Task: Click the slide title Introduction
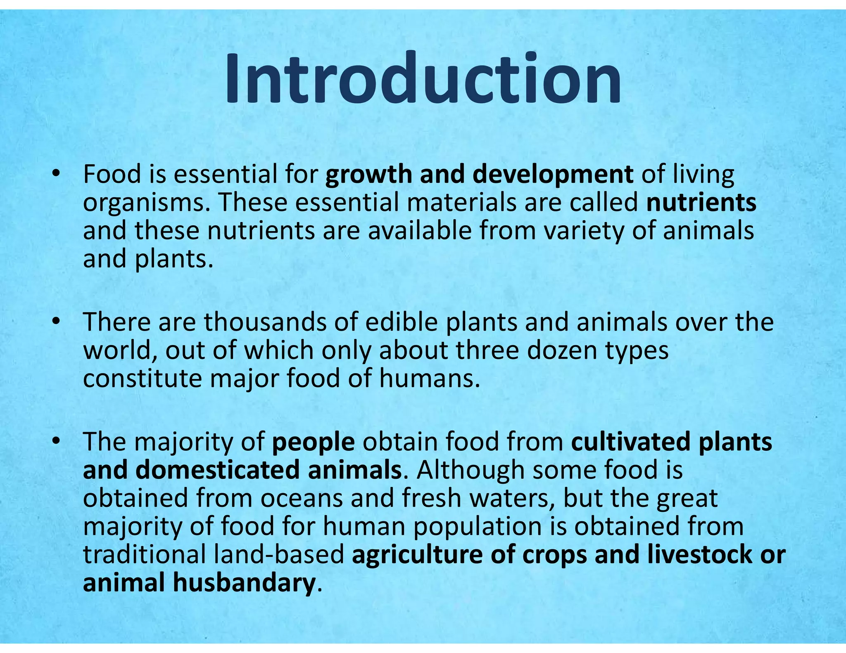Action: point(423,78)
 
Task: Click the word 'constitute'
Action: point(142,379)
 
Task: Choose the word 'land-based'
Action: point(279,555)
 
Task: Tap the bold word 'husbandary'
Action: point(244,583)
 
